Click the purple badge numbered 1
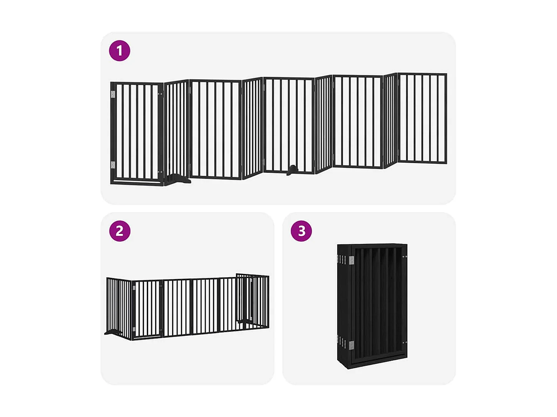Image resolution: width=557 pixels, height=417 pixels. click(120, 51)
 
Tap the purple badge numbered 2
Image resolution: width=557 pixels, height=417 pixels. click(120, 231)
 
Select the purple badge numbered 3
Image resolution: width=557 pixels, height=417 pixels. click(301, 231)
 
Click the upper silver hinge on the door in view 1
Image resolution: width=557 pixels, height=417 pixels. click(113, 95)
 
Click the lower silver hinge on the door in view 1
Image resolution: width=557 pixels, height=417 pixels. click(113, 165)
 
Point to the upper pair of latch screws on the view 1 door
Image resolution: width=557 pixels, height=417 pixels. click(160, 95)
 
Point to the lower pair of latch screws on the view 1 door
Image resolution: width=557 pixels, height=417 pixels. click(160, 172)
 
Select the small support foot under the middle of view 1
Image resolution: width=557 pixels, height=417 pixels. click(292, 170)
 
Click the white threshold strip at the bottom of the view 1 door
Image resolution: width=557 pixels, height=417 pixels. click(137, 181)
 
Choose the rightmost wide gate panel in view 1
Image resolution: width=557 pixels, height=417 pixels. click(422, 118)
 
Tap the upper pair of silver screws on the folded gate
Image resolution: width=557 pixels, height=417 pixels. click(405, 257)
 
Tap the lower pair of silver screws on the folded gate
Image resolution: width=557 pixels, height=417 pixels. click(405, 343)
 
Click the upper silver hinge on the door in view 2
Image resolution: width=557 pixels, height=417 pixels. click(134, 287)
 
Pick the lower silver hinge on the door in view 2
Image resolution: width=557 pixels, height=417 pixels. click(134, 329)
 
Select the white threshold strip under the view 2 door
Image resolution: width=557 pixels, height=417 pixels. click(147, 337)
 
